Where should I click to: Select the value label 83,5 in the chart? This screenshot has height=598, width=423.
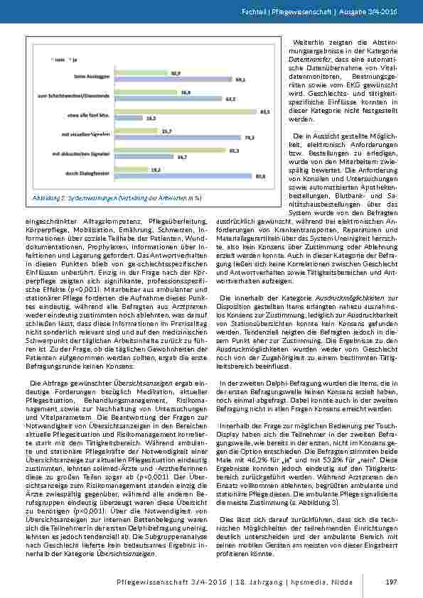click(x=265, y=112)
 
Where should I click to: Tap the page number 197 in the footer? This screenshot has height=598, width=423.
click(x=390, y=582)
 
